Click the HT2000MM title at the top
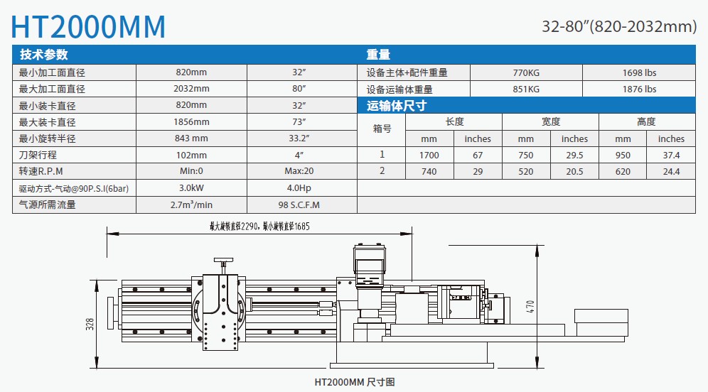[88, 26]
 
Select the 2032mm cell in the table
[191, 89]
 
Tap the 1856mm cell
[191, 122]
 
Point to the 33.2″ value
[299, 138]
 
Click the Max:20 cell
[299, 171]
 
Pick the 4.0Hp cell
[299, 187]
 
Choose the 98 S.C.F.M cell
[299, 205]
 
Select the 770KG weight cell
[526, 72]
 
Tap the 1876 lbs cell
[639, 89]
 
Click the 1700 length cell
[429, 156]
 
